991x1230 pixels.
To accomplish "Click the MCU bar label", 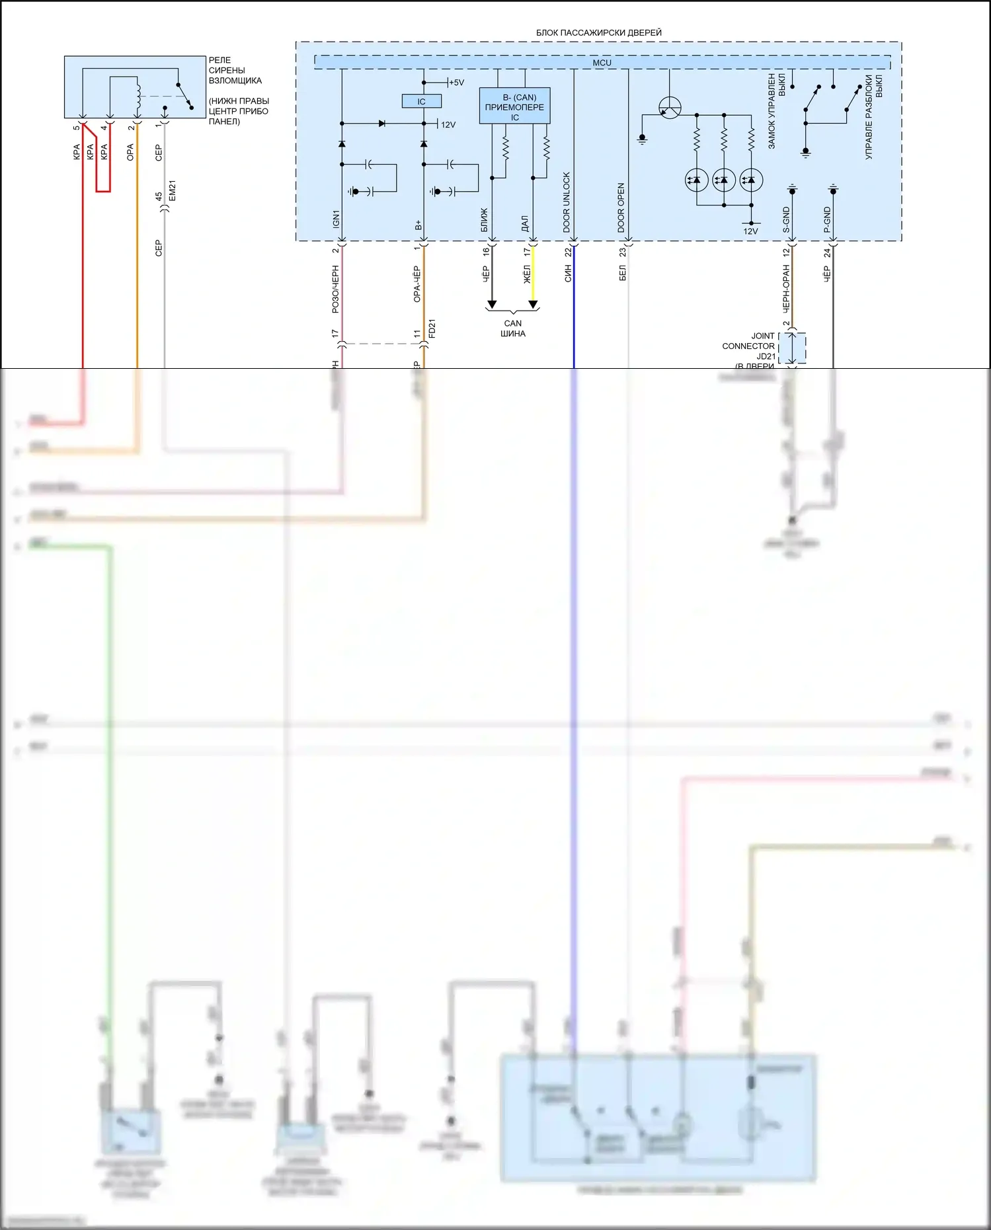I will pyautogui.click(x=602, y=63).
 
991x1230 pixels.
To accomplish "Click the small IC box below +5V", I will pyautogui.click(x=421, y=102).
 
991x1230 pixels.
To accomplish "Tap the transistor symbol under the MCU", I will pyautogui.click(x=670, y=108).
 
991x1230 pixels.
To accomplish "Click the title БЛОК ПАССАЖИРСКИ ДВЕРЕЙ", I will pyautogui.click(x=598, y=32).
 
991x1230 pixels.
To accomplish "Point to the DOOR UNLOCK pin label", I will pyautogui.click(x=567, y=202).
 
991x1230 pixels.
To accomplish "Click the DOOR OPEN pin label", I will pyautogui.click(x=621, y=207).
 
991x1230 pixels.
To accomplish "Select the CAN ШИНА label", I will pyautogui.click(x=513, y=328).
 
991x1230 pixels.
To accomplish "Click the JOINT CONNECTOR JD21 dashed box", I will pyautogui.click(x=792, y=348).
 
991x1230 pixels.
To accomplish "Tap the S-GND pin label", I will pyautogui.click(x=786, y=219).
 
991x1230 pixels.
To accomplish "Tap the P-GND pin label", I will pyautogui.click(x=827, y=219).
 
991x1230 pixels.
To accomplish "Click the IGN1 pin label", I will pyautogui.click(x=336, y=219).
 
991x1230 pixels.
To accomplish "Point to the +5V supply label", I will pyautogui.click(x=456, y=83).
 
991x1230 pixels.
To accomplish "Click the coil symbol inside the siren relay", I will pyautogui.click(x=138, y=96).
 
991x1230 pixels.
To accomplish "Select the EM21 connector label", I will pyautogui.click(x=173, y=190).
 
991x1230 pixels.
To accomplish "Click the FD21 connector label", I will pyautogui.click(x=432, y=328).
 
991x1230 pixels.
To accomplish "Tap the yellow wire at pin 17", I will pyautogui.click(x=533, y=281).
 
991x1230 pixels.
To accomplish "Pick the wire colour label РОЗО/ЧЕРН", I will pyautogui.click(x=336, y=289).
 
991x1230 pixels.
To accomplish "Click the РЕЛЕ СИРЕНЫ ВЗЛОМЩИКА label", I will pyautogui.click(x=235, y=70).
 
